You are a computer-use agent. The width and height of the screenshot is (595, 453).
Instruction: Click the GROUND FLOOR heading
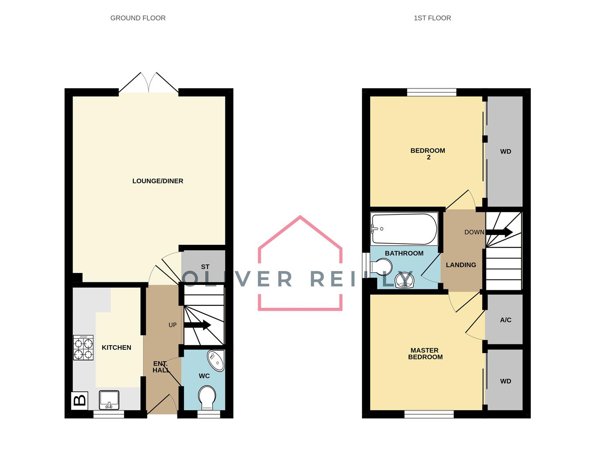138,18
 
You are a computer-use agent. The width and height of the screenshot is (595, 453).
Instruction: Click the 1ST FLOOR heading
432,18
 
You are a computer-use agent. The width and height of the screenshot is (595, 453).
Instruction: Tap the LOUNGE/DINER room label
158,181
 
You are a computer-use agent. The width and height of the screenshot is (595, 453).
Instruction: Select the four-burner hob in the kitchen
83,347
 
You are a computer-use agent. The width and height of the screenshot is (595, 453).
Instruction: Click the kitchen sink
109,400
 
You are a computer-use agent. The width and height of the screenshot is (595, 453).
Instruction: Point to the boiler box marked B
79,400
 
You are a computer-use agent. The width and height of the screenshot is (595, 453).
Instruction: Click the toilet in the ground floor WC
207,398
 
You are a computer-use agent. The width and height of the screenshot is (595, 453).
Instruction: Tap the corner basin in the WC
217,361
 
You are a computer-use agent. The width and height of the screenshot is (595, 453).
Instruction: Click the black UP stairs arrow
197,325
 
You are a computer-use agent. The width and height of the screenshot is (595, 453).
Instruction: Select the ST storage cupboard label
205,267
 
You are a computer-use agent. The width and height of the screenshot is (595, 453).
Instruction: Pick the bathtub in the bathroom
404,229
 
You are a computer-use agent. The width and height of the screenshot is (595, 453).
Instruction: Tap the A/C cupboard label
506,320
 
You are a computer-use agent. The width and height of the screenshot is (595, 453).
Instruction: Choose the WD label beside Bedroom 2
506,151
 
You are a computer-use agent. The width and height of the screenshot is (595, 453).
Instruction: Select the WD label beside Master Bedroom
506,381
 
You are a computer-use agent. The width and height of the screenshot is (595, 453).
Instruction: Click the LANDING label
461,265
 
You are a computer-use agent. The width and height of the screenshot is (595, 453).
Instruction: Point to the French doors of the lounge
148,83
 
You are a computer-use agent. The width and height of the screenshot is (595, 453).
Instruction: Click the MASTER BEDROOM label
425,354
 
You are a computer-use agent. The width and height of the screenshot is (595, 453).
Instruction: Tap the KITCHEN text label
116,348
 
